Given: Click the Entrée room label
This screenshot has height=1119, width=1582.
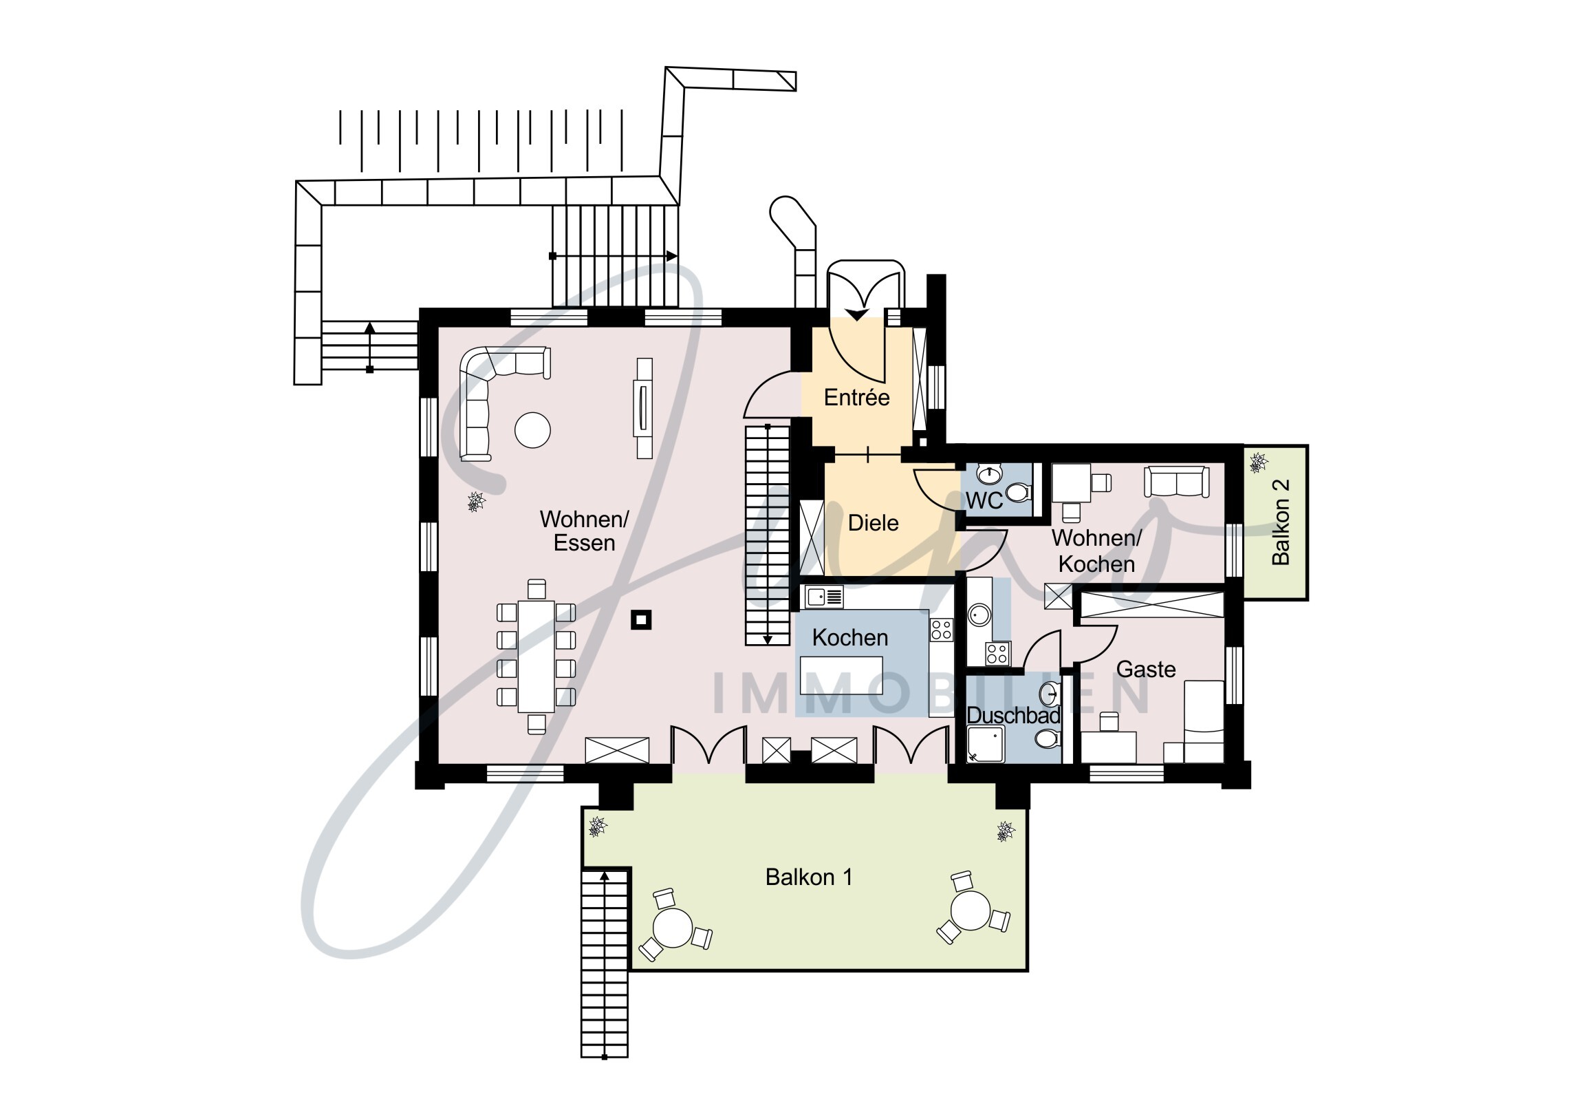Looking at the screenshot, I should [856, 398].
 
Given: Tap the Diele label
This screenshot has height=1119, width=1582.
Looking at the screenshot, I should [873, 523].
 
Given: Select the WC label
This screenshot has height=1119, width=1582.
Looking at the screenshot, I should [983, 501].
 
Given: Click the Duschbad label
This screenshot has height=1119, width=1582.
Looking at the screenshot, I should [1013, 716].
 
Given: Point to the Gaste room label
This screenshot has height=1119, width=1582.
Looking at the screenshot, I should [1145, 670].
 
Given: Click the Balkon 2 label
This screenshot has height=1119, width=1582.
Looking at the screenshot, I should [1280, 522].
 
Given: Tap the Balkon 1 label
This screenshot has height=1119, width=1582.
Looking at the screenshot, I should [809, 877].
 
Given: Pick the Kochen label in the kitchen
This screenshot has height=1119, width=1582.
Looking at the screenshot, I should [849, 638].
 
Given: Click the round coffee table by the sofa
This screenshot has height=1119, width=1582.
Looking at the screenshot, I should [532, 430].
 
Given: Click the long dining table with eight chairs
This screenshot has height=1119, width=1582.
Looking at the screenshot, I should [536, 657].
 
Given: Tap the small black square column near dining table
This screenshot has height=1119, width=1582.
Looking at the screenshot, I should [642, 620].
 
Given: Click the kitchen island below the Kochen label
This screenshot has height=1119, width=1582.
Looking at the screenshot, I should [841, 676].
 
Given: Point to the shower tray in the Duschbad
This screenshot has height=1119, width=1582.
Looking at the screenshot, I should [985, 744].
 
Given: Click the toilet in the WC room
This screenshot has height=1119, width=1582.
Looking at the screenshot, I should [1019, 492].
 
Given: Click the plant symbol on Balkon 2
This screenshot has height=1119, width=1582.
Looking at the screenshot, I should [1258, 463].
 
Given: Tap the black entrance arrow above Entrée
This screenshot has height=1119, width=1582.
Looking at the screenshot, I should [856, 315].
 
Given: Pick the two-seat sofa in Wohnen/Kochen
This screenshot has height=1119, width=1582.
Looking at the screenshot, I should [1176, 481].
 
